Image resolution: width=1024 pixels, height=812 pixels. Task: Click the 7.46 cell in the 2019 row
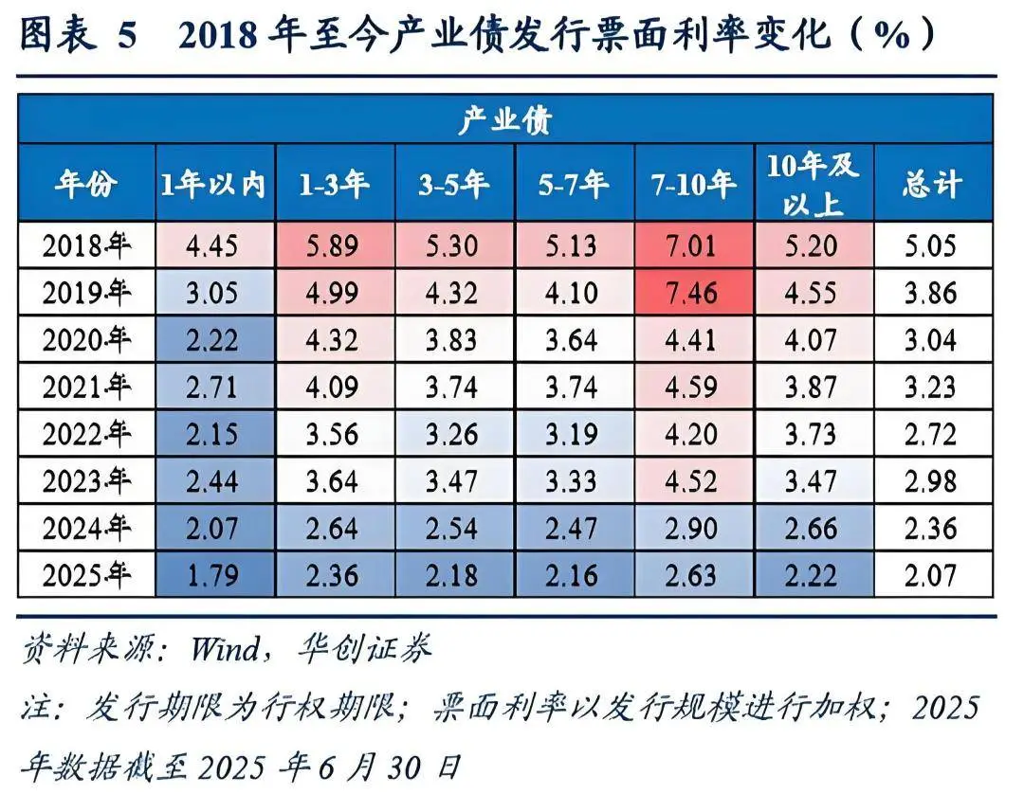(694, 293)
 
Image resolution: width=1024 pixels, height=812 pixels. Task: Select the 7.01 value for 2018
(694, 246)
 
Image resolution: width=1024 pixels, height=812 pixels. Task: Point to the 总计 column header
(931, 184)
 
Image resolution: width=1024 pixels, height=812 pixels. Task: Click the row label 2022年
(86, 434)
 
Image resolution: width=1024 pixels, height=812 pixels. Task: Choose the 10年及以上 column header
(813, 184)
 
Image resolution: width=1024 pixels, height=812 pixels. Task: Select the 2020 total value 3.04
(931, 340)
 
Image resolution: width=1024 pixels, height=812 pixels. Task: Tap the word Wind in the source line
(224, 649)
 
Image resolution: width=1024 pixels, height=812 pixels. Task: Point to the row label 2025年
(86, 574)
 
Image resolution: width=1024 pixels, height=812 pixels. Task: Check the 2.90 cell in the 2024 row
(694, 528)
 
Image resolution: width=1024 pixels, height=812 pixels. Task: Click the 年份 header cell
(86, 184)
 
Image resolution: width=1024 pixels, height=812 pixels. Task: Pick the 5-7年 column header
(573, 184)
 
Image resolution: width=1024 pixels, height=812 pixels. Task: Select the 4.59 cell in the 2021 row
(694, 387)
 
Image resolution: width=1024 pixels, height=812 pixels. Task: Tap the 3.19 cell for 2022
(573, 434)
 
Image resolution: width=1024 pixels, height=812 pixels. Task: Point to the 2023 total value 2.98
(931, 480)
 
